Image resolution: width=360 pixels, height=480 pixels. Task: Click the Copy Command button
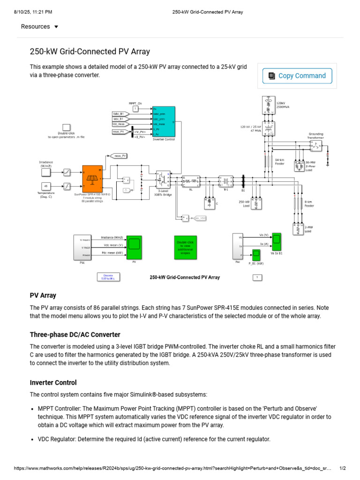click(297, 76)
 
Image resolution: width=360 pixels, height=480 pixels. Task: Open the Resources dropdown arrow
click(56, 27)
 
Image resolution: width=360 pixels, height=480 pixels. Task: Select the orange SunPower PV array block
click(92, 179)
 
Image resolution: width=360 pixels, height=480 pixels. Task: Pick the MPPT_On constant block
click(135, 109)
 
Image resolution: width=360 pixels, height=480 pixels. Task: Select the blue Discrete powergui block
click(108, 277)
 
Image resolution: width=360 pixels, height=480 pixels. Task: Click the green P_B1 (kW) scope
click(256, 255)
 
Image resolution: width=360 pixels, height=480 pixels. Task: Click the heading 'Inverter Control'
click(53, 382)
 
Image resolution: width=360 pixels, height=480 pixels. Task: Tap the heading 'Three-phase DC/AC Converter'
click(75, 335)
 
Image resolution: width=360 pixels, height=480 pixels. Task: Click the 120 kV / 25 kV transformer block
click(269, 128)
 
